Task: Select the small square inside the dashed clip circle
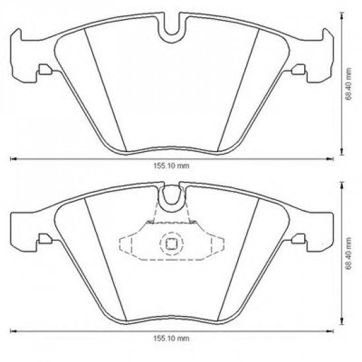click(x=171, y=244)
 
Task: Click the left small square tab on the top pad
click(x=43, y=71)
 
